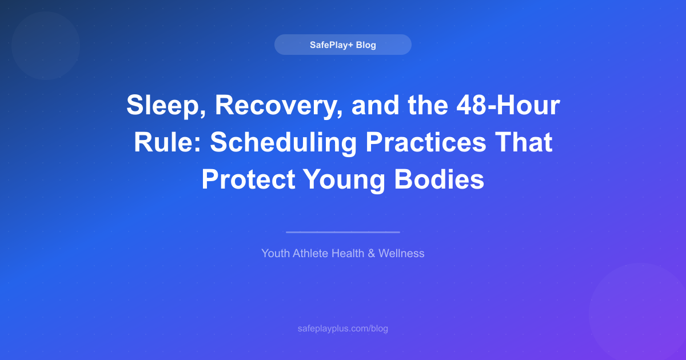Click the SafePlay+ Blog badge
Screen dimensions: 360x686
click(343, 45)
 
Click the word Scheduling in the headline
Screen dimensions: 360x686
click(282, 143)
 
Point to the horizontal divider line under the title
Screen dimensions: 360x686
click(343, 232)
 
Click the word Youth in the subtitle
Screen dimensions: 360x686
click(276, 253)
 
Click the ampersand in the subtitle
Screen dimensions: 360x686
click(371, 253)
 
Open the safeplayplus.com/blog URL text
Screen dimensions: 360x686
click(343, 329)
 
